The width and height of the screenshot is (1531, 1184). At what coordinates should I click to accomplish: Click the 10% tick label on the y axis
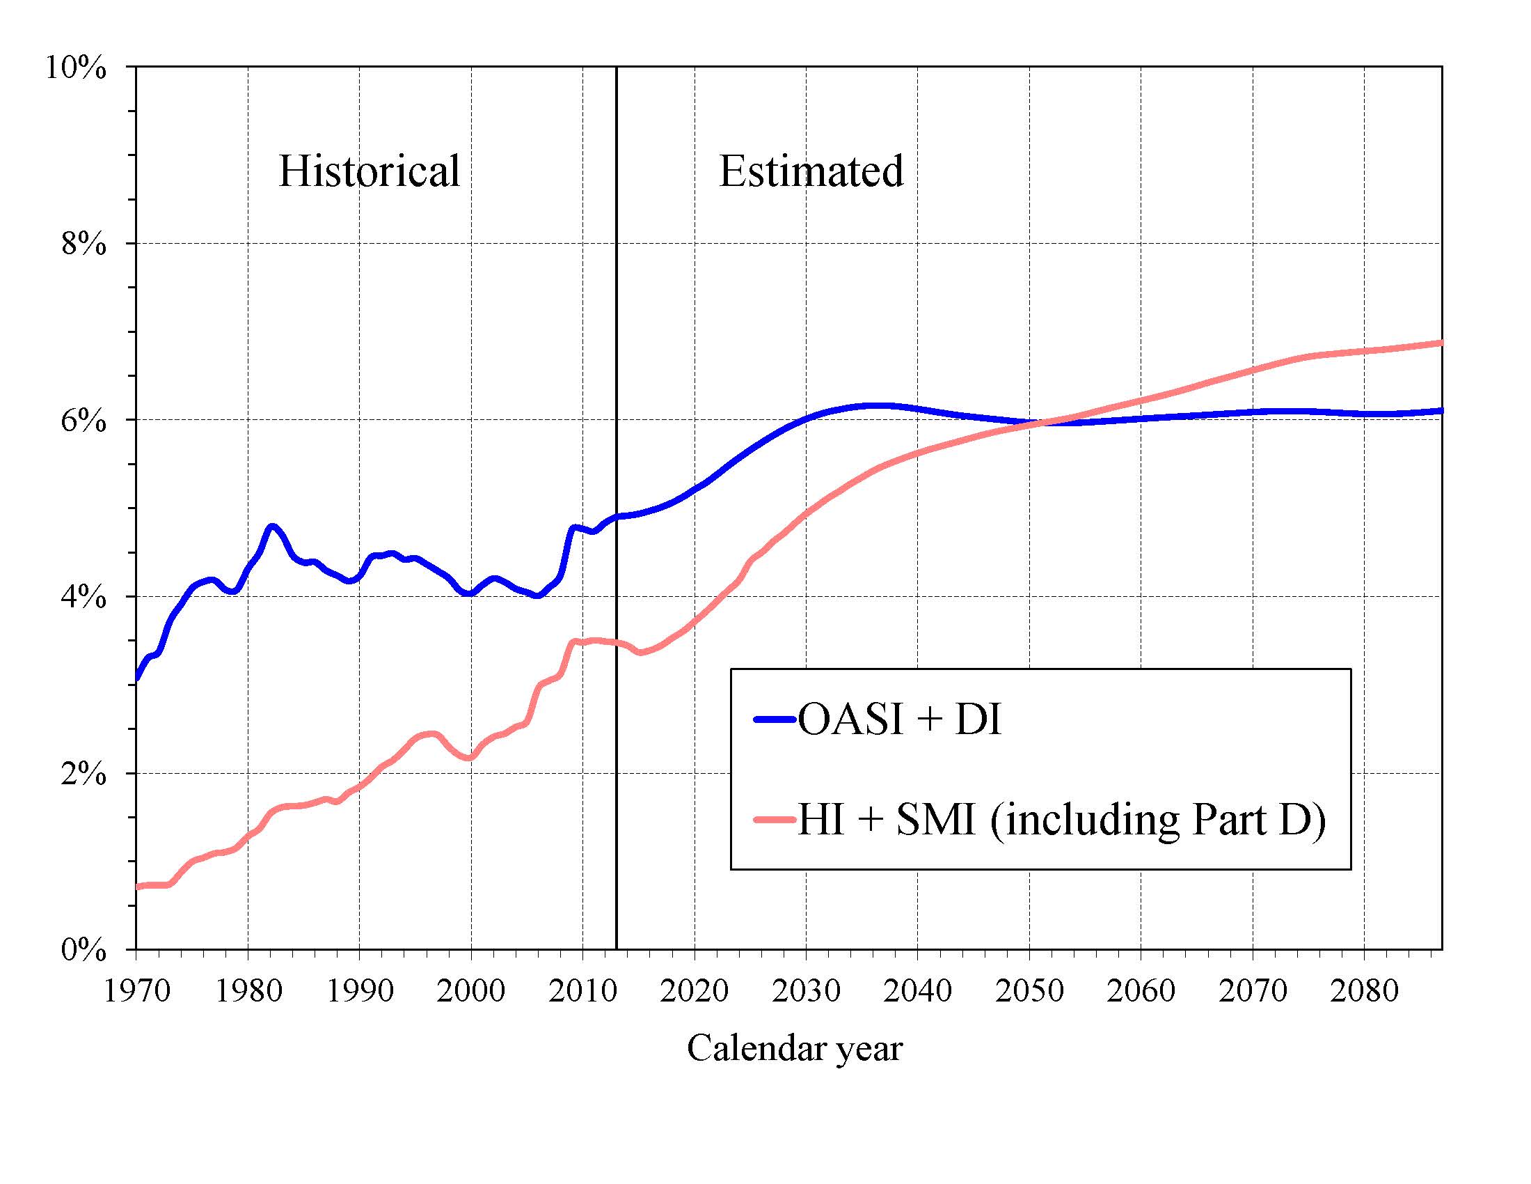pyautogui.click(x=76, y=68)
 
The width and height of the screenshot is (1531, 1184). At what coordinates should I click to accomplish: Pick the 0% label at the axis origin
pyautogui.click(x=84, y=951)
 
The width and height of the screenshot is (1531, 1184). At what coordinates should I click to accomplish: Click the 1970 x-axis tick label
pyautogui.click(x=136, y=990)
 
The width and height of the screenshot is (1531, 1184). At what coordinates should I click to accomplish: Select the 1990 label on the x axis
pyautogui.click(x=360, y=990)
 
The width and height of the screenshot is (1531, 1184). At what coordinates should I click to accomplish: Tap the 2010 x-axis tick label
pyautogui.click(x=582, y=990)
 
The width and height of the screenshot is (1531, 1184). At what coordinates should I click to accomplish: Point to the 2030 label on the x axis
pyautogui.click(x=806, y=990)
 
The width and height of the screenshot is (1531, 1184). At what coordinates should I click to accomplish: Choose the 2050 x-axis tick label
pyautogui.click(x=1029, y=990)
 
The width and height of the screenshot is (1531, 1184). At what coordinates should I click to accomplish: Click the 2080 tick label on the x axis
pyautogui.click(x=1364, y=990)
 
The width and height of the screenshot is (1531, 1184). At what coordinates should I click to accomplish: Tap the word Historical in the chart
pyautogui.click(x=369, y=171)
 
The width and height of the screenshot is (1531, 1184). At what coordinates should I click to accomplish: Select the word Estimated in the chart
pyautogui.click(x=811, y=171)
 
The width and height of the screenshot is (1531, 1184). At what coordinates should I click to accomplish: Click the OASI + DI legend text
pyautogui.click(x=899, y=719)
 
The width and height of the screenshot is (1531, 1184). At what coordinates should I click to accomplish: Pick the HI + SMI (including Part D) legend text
pyautogui.click(x=1061, y=819)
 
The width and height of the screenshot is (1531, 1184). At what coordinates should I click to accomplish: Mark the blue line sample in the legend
pyautogui.click(x=775, y=719)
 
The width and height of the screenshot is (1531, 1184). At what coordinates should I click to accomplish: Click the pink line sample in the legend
pyautogui.click(x=775, y=819)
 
